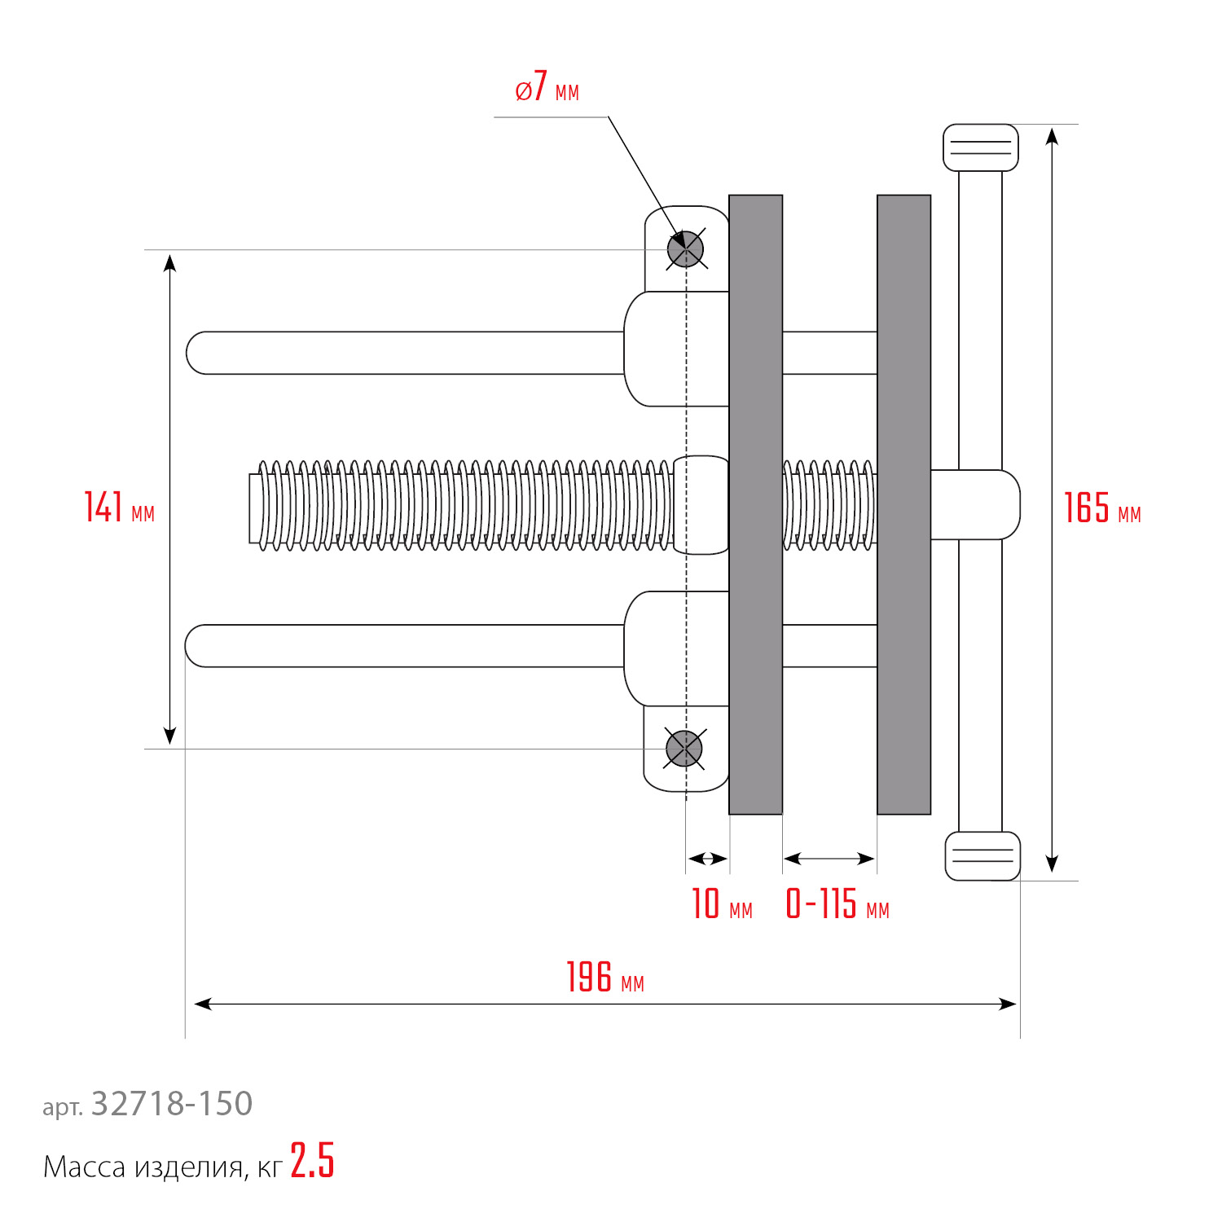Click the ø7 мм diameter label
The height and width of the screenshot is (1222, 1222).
point(547,87)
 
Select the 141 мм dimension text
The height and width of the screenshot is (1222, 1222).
point(119,508)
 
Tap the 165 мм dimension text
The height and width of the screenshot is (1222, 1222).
point(1101,508)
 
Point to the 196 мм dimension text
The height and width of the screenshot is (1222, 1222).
point(604,978)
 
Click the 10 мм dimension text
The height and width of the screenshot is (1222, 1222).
point(721,904)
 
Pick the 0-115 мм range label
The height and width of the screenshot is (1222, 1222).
point(837,904)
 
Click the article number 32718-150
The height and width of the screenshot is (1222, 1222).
point(171,1104)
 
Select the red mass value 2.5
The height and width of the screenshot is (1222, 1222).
point(312,1162)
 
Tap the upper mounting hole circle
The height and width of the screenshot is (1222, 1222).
point(685,249)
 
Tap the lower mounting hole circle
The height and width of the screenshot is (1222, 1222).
point(684,749)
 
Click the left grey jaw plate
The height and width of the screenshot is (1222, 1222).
point(755,504)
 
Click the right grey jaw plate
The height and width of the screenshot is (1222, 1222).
point(903,504)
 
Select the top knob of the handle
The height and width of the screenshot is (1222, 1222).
point(980,147)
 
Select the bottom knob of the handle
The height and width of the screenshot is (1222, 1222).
point(982,855)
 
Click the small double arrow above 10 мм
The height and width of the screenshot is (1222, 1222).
point(707,859)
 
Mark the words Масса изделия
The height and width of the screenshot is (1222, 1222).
point(143,1167)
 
